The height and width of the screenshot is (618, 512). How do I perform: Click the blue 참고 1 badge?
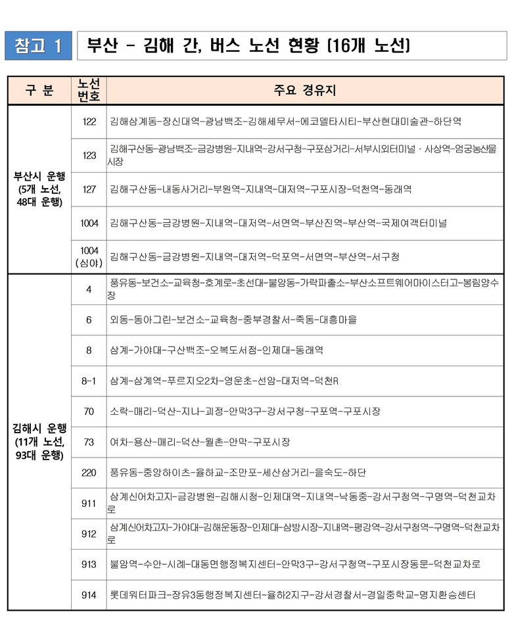pyautogui.click(x=38, y=45)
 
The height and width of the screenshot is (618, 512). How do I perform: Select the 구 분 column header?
pyautogui.click(x=39, y=91)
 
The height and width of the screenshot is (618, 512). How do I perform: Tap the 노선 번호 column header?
pyautogui.click(x=89, y=91)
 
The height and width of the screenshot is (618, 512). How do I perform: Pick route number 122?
pyautogui.click(x=89, y=122)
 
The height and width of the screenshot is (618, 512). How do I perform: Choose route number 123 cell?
pyautogui.click(x=89, y=155)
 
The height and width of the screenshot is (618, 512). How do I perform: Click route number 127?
pyautogui.click(x=89, y=189)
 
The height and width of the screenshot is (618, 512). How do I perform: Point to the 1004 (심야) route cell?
pyautogui.click(x=89, y=257)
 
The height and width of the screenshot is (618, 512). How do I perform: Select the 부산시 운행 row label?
pyautogui.click(x=39, y=189)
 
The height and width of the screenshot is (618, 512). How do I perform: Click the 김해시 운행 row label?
pyautogui.click(x=39, y=441)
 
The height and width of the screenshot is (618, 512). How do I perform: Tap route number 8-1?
pyautogui.click(x=89, y=381)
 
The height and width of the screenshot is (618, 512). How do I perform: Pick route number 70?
pyautogui.click(x=89, y=412)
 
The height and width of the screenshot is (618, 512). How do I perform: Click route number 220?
pyautogui.click(x=89, y=473)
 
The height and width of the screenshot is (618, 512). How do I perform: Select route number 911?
pyautogui.click(x=89, y=504)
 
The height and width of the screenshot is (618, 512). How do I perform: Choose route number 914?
pyautogui.click(x=89, y=595)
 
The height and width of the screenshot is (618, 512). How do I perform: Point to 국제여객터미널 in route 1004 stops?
pyautogui.click(x=413, y=224)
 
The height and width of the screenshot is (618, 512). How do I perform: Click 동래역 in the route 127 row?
pyautogui.click(x=396, y=189)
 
